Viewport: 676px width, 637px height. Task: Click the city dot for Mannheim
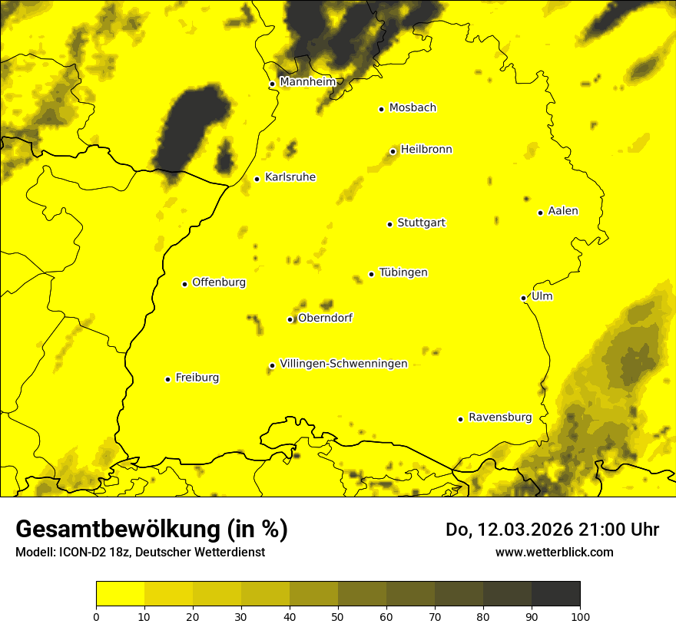(272, 84)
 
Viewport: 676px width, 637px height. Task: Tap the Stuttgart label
(421, 223)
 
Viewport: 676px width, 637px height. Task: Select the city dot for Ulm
(523, 298)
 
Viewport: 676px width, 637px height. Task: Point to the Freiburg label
(197, 378)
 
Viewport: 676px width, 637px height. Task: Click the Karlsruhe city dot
(257, 180)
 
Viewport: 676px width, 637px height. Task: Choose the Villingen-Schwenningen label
(343, 364)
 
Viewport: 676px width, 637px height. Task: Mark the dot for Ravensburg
(460, 419)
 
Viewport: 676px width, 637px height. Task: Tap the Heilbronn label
(426, 150)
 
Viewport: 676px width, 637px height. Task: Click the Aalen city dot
(540, 213)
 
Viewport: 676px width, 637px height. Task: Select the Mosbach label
(413, 108)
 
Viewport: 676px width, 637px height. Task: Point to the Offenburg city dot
(184, 284)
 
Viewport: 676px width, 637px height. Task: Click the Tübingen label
(403, 272)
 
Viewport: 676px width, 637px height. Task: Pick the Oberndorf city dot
(290, 319)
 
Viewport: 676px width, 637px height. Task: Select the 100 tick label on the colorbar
(580, 616)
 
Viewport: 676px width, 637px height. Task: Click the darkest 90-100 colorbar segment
(555, 593)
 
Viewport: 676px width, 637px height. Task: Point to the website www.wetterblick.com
(554, 552)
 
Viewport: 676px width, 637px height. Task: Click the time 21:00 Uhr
(606, 530)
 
